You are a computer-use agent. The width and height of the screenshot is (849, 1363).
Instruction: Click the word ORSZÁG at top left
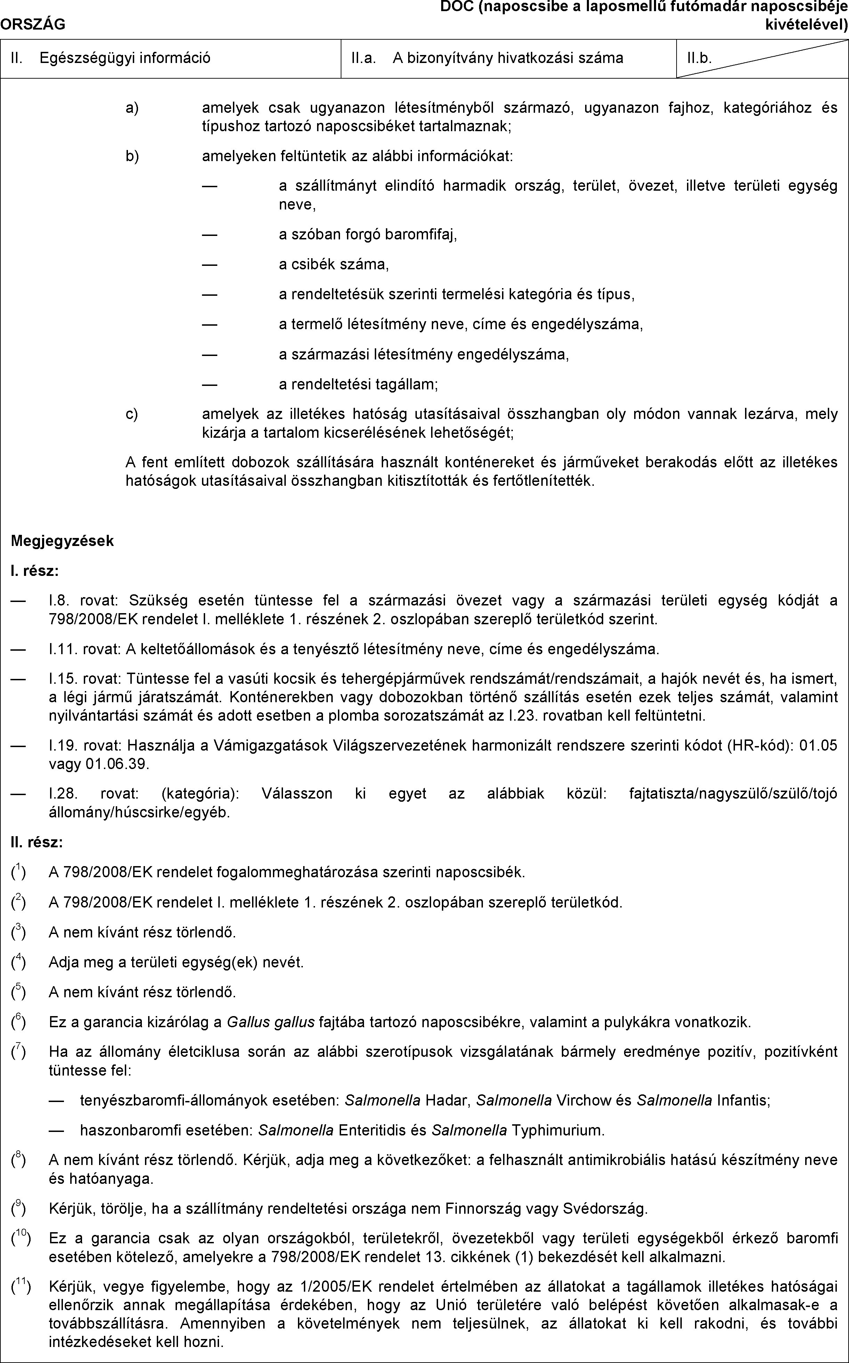point(33,24)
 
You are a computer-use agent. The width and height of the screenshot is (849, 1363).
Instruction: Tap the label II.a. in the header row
point(363,58)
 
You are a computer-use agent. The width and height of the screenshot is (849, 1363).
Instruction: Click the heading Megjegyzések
point(62,541)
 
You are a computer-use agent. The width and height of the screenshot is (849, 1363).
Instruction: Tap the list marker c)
point(132,414)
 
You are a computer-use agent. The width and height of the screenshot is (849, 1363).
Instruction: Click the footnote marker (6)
point(18,1021)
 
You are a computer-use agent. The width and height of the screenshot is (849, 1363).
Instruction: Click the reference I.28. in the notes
point(59,793)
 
